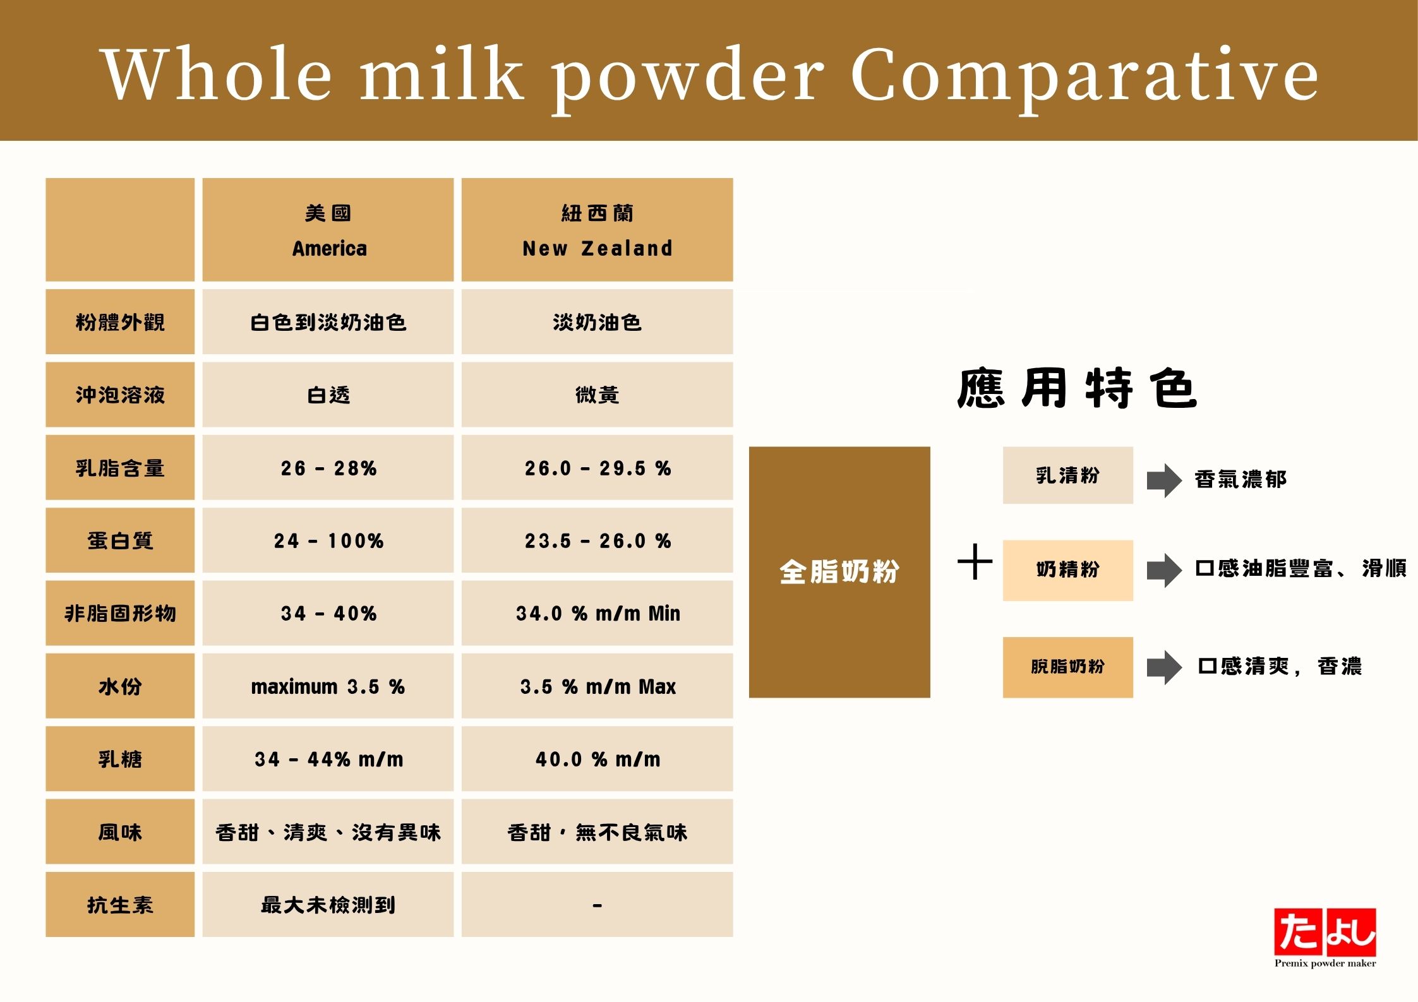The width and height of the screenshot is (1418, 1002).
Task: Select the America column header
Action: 328,230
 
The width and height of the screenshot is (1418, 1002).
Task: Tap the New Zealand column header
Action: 597,230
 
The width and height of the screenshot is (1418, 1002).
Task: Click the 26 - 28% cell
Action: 328,467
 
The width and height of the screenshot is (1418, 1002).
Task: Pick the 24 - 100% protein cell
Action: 328,540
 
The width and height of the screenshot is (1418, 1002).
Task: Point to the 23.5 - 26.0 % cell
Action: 597,540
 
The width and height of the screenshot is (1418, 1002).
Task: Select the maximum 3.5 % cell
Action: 328,686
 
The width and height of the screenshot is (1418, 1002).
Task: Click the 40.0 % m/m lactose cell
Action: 597,759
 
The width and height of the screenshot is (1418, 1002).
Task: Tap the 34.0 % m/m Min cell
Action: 597,613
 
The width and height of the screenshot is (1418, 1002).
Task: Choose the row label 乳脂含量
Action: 120,467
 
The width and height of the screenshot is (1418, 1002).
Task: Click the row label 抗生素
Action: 120,904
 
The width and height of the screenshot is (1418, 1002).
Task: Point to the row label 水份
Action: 120,686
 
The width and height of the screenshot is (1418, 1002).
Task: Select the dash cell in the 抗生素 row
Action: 597,904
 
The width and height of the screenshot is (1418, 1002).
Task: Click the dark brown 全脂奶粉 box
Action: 839,572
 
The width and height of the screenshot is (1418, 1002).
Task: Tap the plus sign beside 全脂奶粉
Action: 975,561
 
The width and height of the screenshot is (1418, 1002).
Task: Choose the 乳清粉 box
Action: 1067,475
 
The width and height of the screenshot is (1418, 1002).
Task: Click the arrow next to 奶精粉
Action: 1164,570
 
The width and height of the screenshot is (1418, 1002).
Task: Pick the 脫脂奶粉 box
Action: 1067,667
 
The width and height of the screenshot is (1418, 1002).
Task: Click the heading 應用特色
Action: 1077,388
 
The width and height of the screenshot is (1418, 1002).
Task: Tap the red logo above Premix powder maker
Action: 1325,931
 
